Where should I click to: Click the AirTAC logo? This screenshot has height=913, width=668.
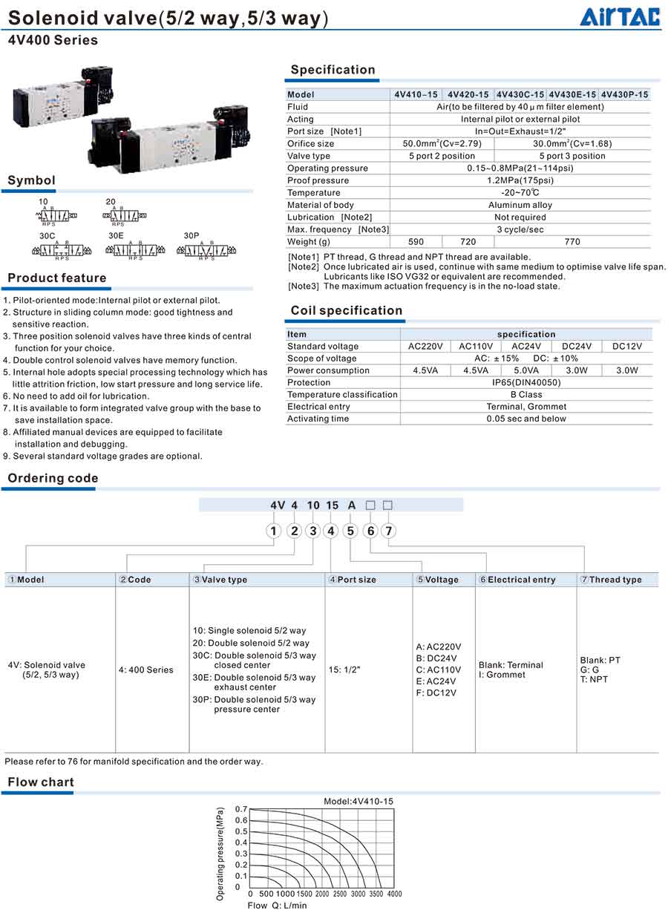[620, 16]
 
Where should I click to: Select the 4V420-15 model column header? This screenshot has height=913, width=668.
[468, 94]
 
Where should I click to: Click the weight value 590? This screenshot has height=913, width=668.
[416, 242]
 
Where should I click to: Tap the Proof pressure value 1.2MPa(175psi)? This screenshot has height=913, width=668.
[520, 180]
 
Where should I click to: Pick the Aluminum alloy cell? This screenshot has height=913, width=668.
[520, 205]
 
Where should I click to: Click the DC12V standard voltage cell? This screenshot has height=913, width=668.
[627, 347]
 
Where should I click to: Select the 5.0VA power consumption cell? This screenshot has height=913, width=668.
[526, 370]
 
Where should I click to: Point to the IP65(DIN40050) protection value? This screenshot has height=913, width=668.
[526, 382]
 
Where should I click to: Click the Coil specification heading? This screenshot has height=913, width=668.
[347, 310]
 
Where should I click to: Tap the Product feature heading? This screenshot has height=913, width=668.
[57, 278]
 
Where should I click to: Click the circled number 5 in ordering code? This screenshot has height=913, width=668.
[351, 531]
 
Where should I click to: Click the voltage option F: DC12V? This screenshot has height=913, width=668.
[436, 693]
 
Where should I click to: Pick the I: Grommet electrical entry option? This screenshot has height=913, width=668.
[502, 675]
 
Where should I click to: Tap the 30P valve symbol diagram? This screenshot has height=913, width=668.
[206, 251]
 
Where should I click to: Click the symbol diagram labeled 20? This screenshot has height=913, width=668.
[125, 215]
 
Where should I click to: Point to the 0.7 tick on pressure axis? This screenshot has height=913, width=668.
[241, 808]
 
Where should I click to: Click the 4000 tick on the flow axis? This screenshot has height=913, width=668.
[394, 894]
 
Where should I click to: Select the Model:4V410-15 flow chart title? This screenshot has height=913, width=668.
[358, 801]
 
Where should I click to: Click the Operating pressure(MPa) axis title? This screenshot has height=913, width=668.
[220, 854]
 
